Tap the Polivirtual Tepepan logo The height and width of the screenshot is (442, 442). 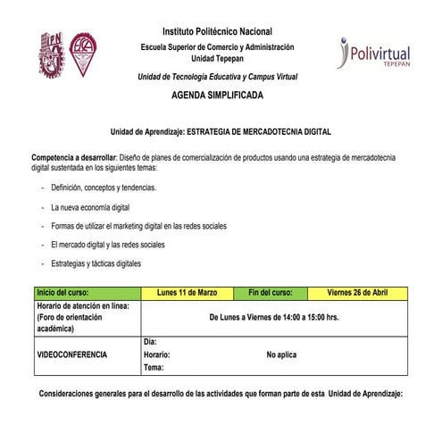(374, 53)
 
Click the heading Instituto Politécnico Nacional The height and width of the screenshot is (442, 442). (218, 32)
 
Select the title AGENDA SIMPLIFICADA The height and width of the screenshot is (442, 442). (218, 94)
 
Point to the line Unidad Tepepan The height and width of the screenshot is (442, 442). (218, 58)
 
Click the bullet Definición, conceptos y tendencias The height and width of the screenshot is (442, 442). (104, 188)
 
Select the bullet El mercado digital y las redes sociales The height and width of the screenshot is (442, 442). (108, 244)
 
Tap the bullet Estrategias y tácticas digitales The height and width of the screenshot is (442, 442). (96, 263)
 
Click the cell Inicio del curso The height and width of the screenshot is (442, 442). (63, 292)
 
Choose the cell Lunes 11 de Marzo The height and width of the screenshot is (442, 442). (188, 292)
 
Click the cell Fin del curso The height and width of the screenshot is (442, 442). (270, 292)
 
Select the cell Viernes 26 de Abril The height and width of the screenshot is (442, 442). (357, 292)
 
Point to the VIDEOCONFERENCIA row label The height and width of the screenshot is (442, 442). (71, 354)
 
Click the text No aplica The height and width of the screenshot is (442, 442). (281, 354)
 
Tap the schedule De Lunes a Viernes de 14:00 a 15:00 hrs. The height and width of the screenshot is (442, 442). (274, 317)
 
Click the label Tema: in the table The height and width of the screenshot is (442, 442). (154, 367)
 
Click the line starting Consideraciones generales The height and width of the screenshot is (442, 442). (221, 394)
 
